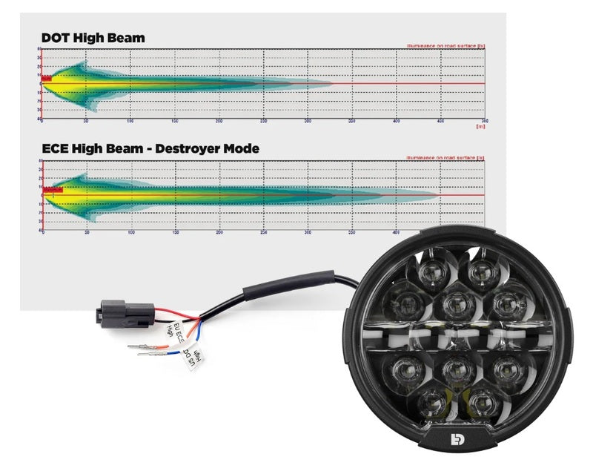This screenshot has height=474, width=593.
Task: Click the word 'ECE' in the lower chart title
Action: point(58,148)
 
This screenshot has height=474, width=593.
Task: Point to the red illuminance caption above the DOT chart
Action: point(445,46)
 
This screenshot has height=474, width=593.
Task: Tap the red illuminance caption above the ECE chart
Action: point(445,157)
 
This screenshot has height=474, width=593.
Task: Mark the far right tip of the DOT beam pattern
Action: point(332,83)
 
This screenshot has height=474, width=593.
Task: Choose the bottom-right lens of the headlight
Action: point(480,401)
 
